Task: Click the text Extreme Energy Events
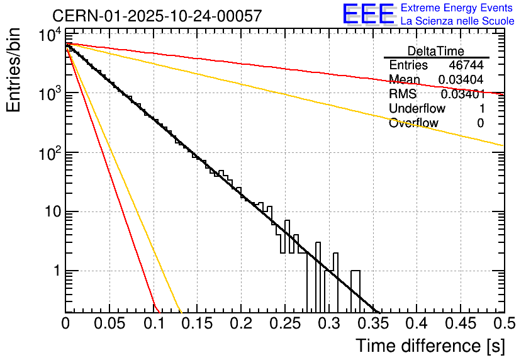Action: (457, 8)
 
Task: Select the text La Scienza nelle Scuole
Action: (457, 21)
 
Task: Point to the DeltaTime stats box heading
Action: (436, 51)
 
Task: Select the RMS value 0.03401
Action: (462, 94)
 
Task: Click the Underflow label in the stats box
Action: (417, 109)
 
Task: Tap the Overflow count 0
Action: (480, 123)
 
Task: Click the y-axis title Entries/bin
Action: (14, 70)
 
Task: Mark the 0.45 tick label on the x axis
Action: (460, 323)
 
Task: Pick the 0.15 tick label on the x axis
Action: (197, 323)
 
